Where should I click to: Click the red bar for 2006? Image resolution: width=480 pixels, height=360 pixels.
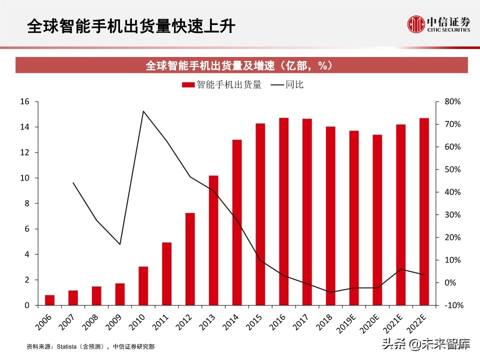[x=49, y=300]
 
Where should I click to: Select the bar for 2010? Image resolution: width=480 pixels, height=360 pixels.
[x=143, y=285]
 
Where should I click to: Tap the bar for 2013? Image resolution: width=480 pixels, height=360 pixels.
[x=213, y=240]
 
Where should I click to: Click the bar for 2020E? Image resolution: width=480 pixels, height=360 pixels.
[x=377, y=220]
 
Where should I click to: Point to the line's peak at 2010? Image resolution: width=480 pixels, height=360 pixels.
[x=143, y=111]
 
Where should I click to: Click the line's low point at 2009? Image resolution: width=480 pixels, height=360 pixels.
[x=120, y=244]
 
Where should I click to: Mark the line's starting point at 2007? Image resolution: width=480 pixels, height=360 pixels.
[x=73, y=182]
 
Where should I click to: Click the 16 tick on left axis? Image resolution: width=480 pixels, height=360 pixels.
[x=25, y=101]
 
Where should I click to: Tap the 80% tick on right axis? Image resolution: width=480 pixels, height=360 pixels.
[x=452, y=101]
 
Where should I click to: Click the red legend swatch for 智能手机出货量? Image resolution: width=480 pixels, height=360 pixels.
[x=188, y=85]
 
